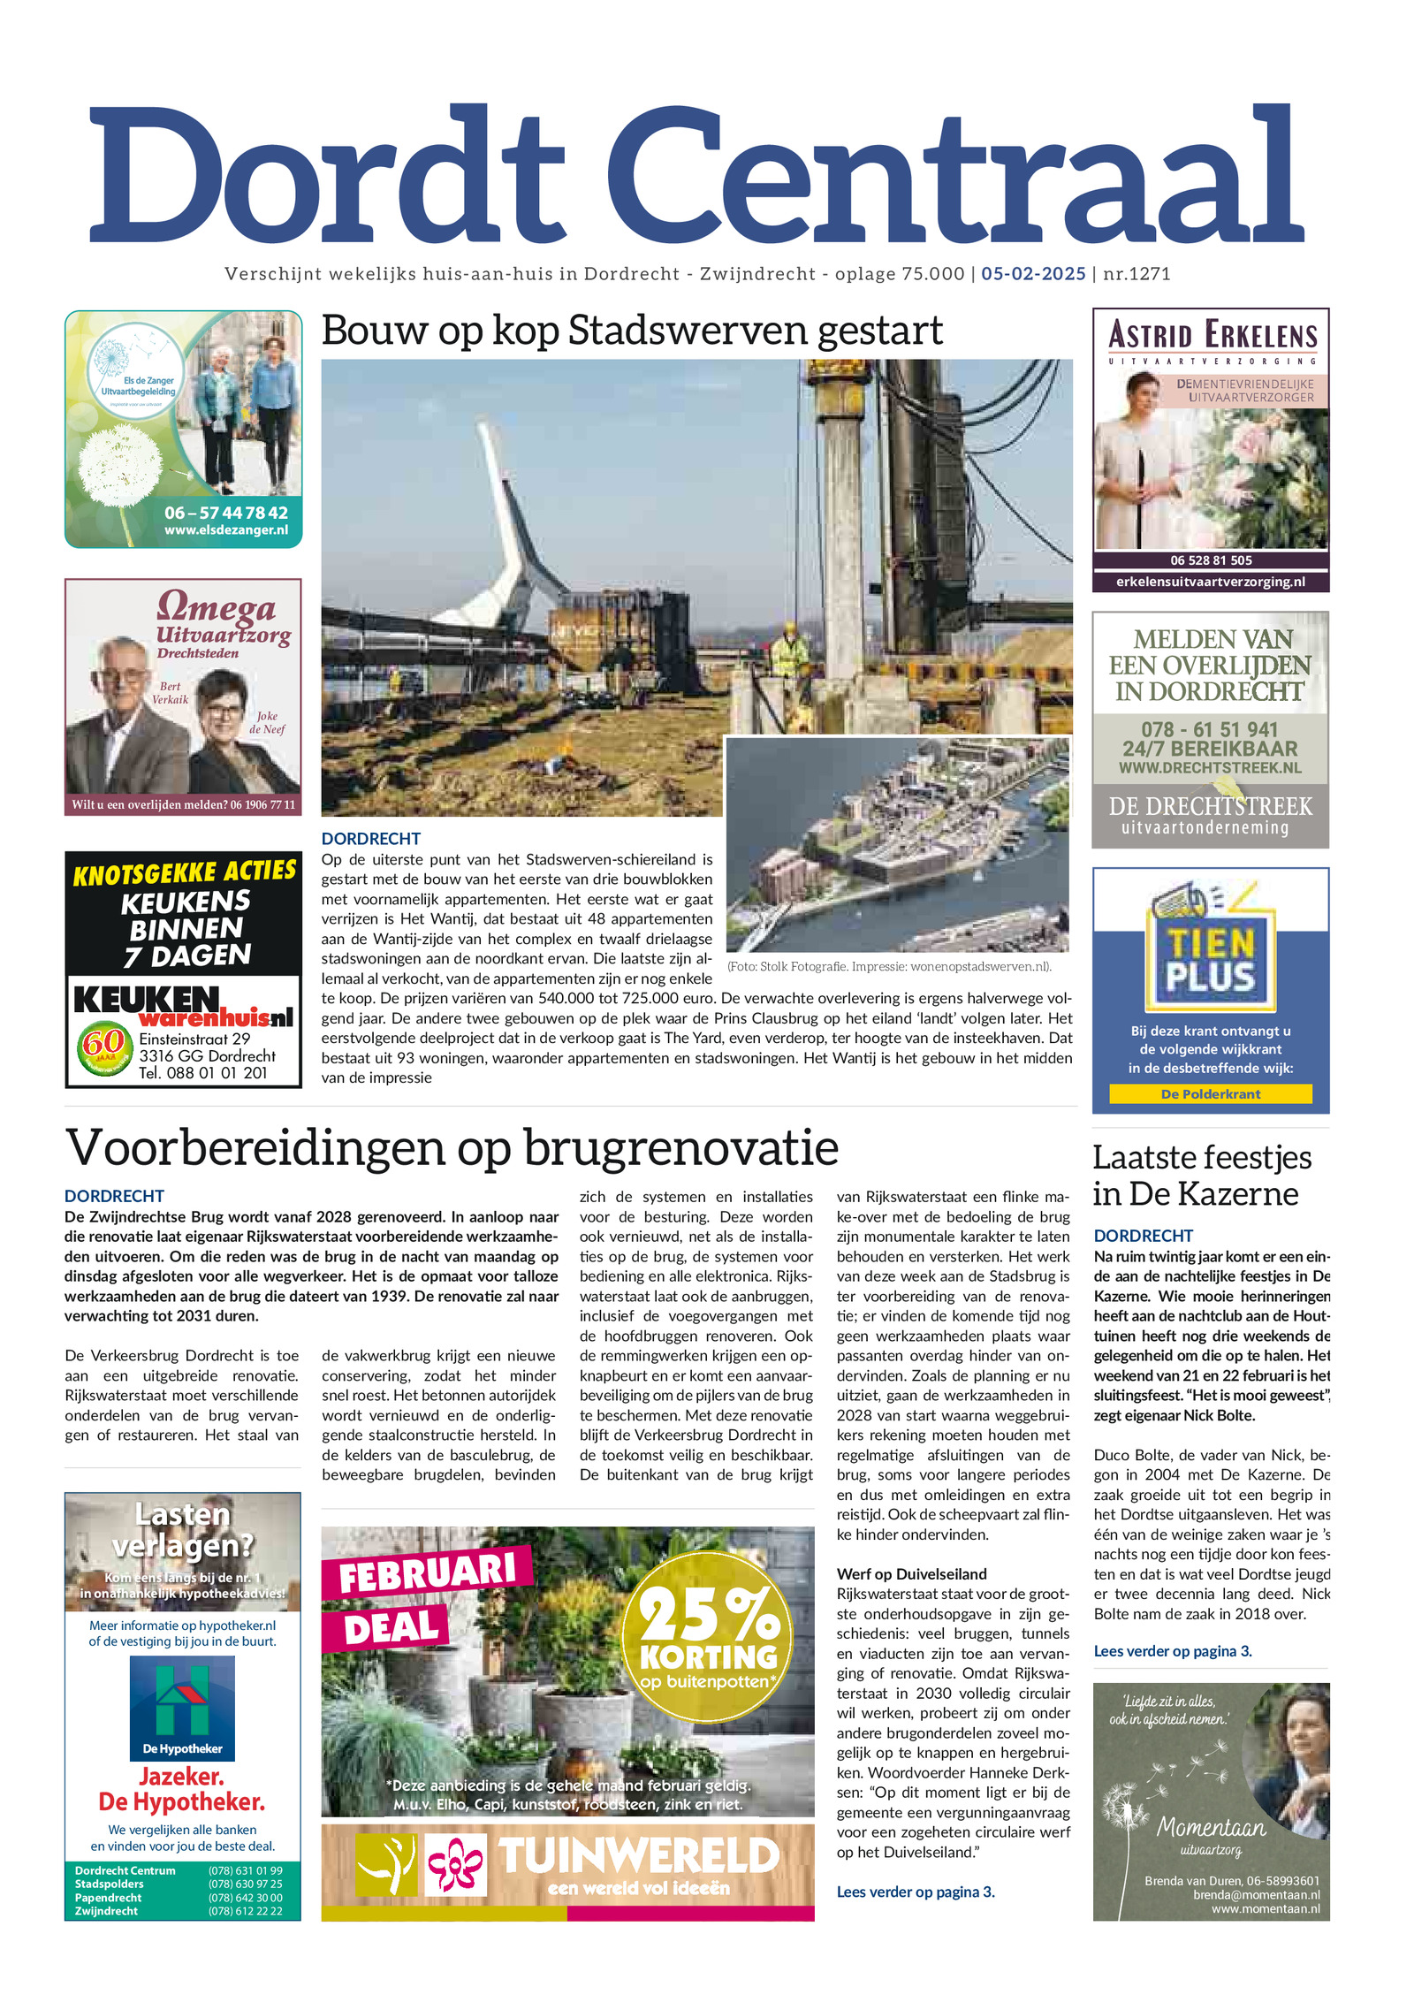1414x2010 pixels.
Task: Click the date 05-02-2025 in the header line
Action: coord(1032,274)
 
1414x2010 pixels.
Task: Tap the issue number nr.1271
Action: coord(1137,274)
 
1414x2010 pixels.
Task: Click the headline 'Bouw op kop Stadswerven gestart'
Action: coord(632,331)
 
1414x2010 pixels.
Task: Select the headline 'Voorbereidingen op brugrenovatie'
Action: coord(452,1147)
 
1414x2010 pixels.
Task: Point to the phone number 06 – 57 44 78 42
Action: coord(225,513)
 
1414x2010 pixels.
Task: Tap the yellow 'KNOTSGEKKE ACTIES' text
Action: coord(184,872)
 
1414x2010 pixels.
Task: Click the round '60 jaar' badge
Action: coord(103,1047)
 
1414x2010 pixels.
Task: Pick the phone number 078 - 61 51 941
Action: coord(1210,729)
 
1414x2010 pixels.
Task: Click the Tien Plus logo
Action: coord(1210,959)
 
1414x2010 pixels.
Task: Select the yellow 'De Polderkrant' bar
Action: coord(1210,1094)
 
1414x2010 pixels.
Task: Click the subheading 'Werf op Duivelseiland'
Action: coord(911,1574)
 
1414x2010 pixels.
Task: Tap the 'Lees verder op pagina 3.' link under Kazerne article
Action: coord(1172,1651)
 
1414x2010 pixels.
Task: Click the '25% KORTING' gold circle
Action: coord(707,1636)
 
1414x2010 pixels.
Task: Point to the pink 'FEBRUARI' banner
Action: coord(427,1574)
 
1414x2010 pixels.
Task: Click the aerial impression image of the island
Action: coord(896,844)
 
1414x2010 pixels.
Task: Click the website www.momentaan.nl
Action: coord(1265,1908)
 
